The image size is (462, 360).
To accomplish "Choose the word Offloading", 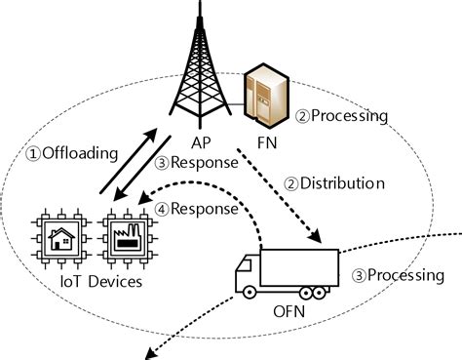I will pyautogui.click(x=80, y=153).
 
